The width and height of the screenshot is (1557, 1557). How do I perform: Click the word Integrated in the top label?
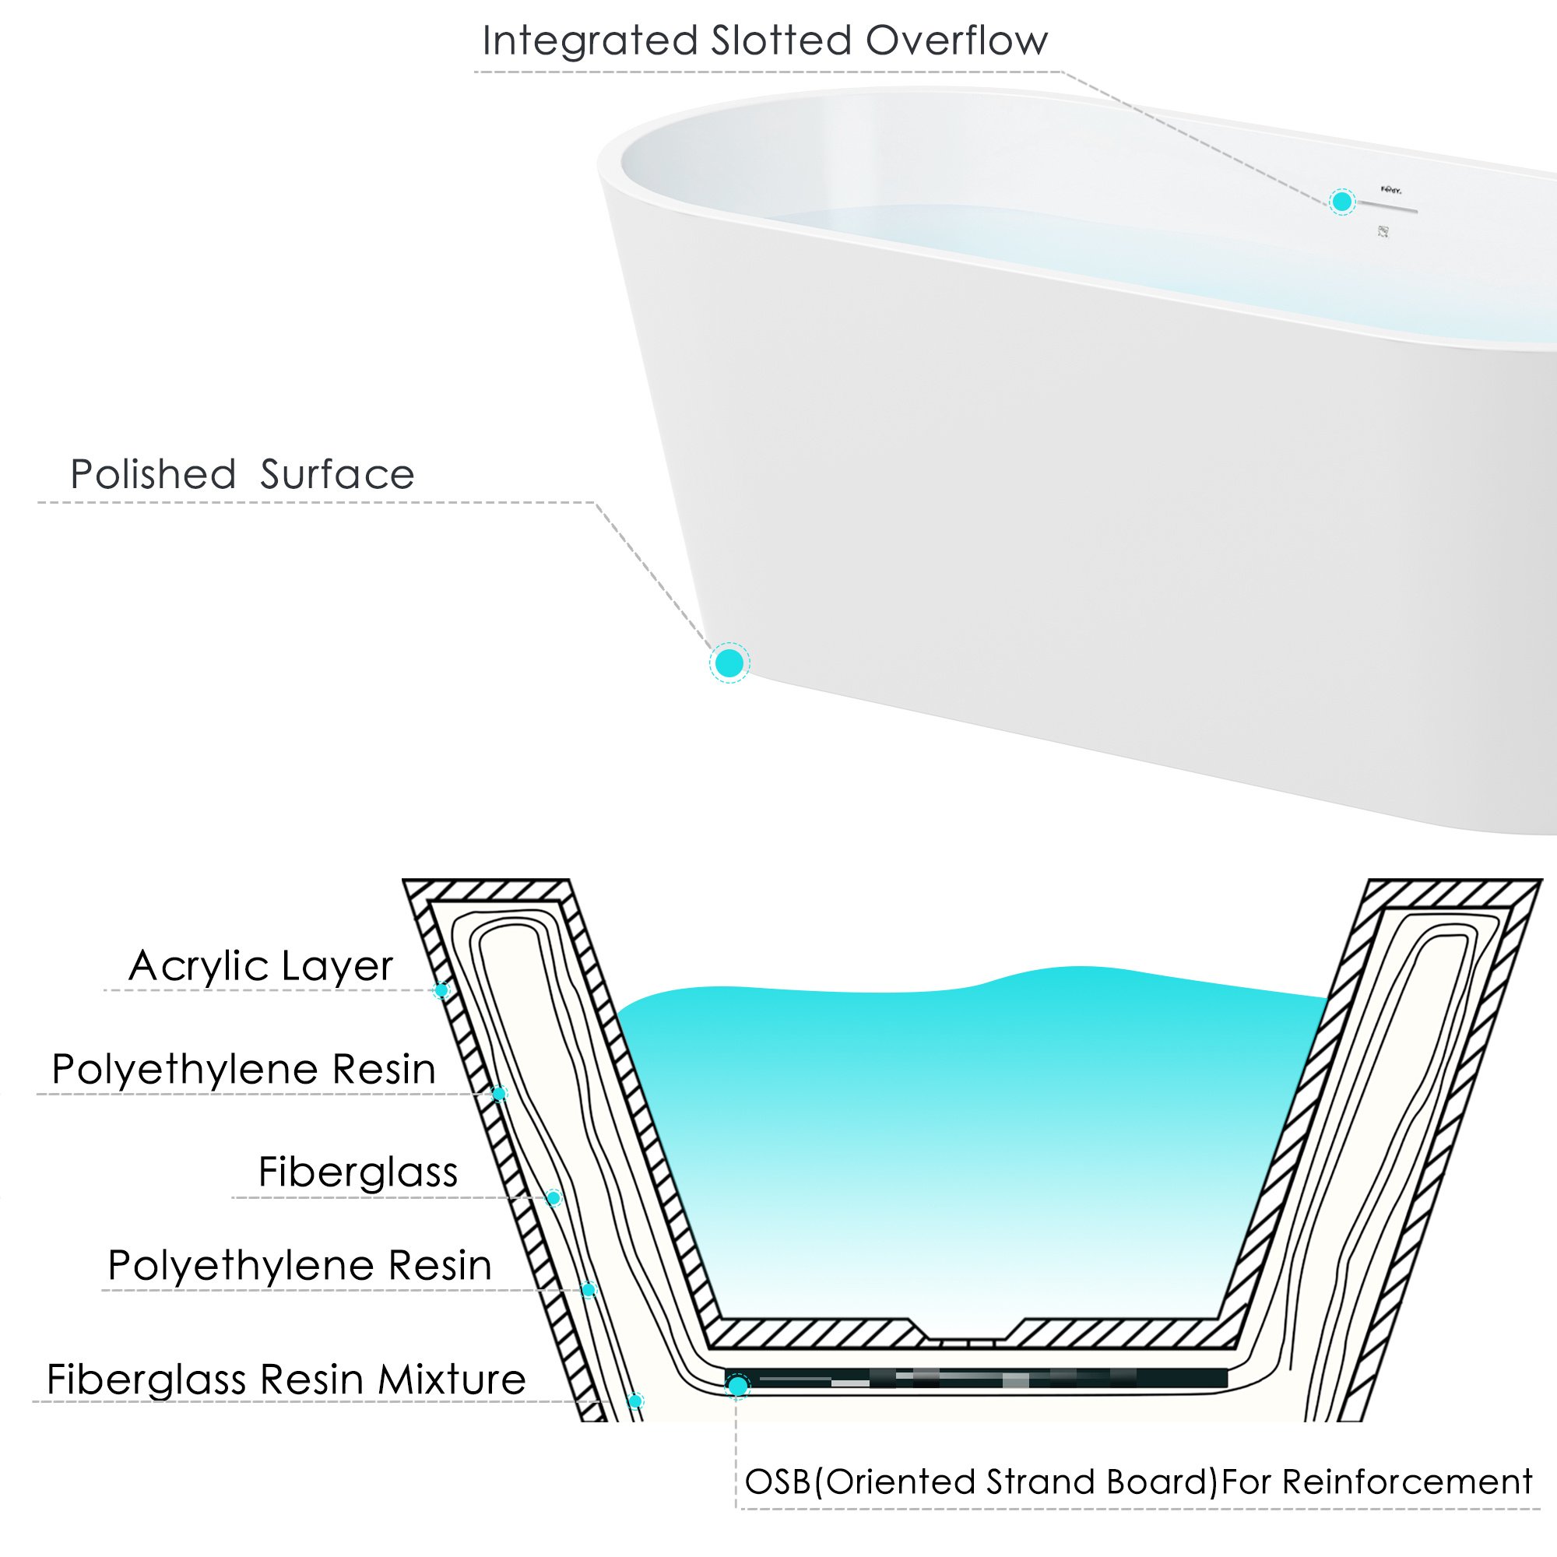tap(589, 41)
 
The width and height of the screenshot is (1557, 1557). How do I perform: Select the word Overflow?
tap(957, 41)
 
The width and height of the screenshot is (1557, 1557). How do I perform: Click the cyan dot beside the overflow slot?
tap(1342, 202)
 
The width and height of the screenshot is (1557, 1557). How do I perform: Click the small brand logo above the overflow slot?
tap(1391, 190)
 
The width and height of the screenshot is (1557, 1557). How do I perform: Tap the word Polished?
tap(153, 475)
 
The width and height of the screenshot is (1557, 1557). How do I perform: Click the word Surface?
tap(337, 475)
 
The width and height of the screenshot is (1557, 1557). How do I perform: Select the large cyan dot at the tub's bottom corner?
tap(729, 663)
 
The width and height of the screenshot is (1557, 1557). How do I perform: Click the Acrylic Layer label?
tap(260, 966)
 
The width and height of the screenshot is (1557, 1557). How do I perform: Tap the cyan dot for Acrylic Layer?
tap(441, 990)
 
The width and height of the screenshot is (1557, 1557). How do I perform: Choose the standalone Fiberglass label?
tap(358, 1172)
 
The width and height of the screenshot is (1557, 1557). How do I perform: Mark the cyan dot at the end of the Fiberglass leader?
tap(554, 1198)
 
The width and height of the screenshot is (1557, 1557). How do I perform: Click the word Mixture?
tap(452, 1380)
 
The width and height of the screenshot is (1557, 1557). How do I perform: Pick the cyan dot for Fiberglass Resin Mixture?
tap(636, 1401)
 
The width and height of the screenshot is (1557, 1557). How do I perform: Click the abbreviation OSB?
tap(778, 1483)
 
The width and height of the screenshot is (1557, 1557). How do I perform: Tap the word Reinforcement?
tap(1407, 1483)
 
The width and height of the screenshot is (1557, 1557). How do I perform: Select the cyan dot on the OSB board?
tap(737, 1387)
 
